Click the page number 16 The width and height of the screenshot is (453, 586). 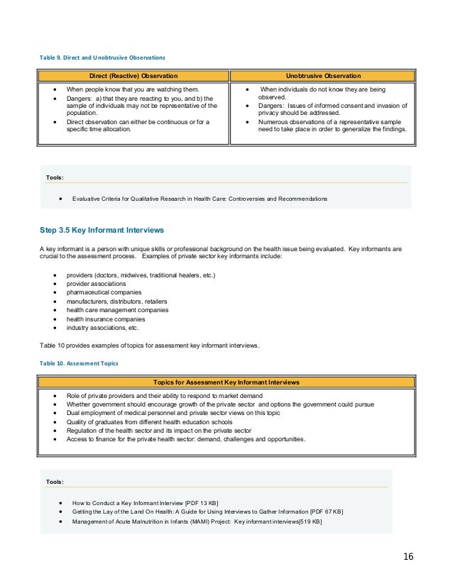pyautogui.click(x=408, y=555)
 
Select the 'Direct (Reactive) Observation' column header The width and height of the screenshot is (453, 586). pyautogui.click(x=133, y=75)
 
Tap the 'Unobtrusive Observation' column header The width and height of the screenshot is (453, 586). pyautogui.click(x=322, y=75)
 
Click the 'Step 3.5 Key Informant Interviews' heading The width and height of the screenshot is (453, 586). pyautogui.click(x=102, y=230)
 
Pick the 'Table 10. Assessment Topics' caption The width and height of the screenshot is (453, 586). pyautogui.click(x=79, y=362)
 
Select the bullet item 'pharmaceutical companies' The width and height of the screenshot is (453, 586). pyautogui.click(x=104, y=292)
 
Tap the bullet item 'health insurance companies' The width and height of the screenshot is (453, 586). pyautogui.click(x=105, y=319)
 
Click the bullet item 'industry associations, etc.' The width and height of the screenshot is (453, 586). pyautogui.click(x=103, y=328)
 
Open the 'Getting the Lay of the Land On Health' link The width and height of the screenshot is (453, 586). pyautogui.click(x=207, y=512)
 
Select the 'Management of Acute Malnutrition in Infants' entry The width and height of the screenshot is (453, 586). pyautogui.click(x=197, y=521)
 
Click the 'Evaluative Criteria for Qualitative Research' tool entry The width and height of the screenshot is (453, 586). pyautogui.click(x=200, y=199)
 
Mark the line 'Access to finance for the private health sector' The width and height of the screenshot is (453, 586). pyautogui.click(x=186, y=439)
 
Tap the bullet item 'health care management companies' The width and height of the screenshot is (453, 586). pyautogui.click(x=117, y=310)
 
